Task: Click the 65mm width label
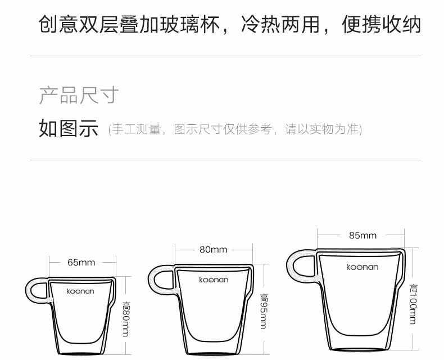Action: coord(81,262)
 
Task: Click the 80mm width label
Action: coord(214,249)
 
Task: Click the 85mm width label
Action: coord(363,235)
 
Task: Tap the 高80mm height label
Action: coord(126,318)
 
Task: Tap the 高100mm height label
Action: coord(413,304)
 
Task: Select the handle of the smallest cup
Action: coord(37,291)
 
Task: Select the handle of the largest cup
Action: coord(300,265)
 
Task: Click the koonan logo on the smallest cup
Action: coord(80,291)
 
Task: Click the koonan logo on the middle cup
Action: coord(214,280)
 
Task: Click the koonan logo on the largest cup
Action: coord(363,267)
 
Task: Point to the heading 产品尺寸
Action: coord(79,95)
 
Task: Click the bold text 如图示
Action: coord(69,128)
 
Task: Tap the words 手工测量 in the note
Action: coord(132,129)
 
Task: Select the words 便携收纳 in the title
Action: coord(382,25)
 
